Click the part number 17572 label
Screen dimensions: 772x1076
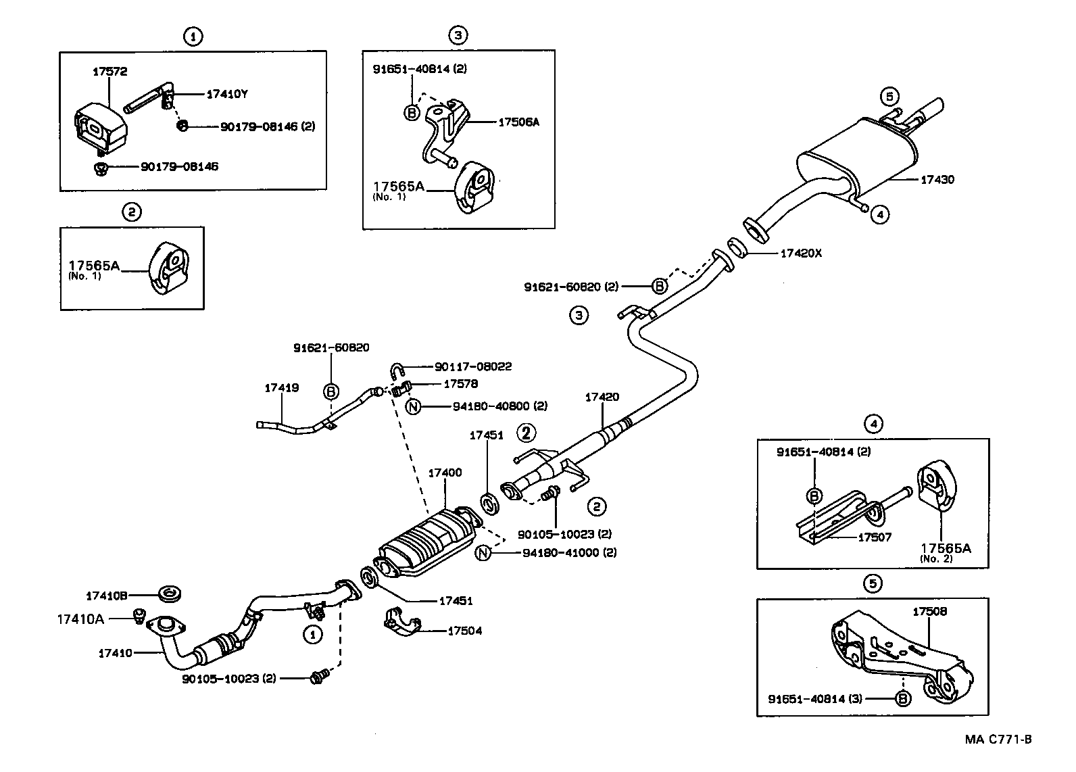109,71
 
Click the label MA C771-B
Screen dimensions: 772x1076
998,740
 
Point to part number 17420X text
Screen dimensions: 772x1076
801,254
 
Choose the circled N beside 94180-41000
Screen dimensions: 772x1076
483,552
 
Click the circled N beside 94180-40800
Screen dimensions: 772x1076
414,406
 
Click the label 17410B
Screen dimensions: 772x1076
106,596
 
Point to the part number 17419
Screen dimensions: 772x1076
281,388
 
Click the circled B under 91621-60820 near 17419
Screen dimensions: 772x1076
331,391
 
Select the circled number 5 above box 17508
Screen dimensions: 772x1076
873,583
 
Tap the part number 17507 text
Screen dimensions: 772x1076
875,537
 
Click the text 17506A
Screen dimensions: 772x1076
518,122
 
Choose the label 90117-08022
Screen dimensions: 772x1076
472,366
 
